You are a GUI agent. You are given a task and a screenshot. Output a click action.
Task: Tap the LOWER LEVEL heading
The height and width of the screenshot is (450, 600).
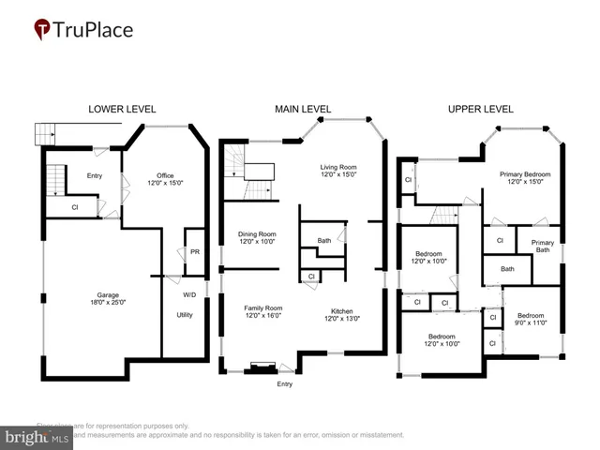tap(122, 110)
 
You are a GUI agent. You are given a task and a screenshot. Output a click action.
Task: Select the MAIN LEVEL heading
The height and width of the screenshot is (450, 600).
tap(302, 110)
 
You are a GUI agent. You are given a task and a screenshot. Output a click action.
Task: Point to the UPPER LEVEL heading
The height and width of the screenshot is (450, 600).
tap(480, 110)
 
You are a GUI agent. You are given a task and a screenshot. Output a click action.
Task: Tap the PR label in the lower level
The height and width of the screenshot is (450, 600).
tap(195, 252)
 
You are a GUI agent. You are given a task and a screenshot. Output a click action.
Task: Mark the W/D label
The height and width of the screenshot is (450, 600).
tap(188, 294)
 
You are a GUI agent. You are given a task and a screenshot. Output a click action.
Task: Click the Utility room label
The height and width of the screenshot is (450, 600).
tap(185, 315)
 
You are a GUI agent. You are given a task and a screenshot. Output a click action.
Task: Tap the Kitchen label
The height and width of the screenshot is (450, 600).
tap(340, 312)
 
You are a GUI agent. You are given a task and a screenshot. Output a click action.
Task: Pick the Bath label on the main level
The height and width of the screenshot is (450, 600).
tap(323, 241)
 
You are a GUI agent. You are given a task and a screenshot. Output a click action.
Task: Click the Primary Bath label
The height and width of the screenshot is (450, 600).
tap(542, 246)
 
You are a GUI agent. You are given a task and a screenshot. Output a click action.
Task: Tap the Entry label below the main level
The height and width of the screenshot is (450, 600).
tap(285, 383)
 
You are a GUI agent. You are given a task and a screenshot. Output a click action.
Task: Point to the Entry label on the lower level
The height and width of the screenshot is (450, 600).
tap(95, 175)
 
